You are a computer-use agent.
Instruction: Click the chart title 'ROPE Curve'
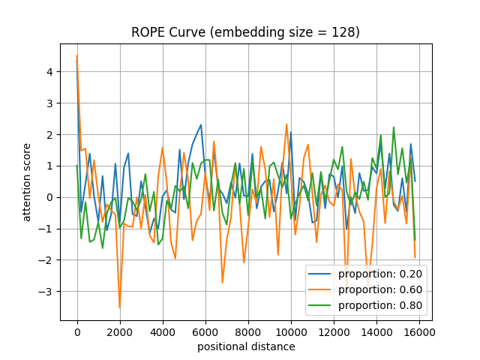click(245, 32)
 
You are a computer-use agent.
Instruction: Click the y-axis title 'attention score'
click(27, 182)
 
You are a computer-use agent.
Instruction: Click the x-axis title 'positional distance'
click(246, 346)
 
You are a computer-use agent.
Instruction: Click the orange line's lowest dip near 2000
click(120, 307)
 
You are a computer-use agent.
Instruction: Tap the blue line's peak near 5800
click(201, 124)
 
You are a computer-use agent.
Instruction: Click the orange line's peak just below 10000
click(286, 124)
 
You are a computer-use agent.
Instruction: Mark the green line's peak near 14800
click(393, 127)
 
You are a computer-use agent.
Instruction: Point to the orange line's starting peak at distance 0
click(77, 55)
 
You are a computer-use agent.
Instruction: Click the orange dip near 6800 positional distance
click(223, 282)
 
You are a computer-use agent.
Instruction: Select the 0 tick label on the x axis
click(77, 330)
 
